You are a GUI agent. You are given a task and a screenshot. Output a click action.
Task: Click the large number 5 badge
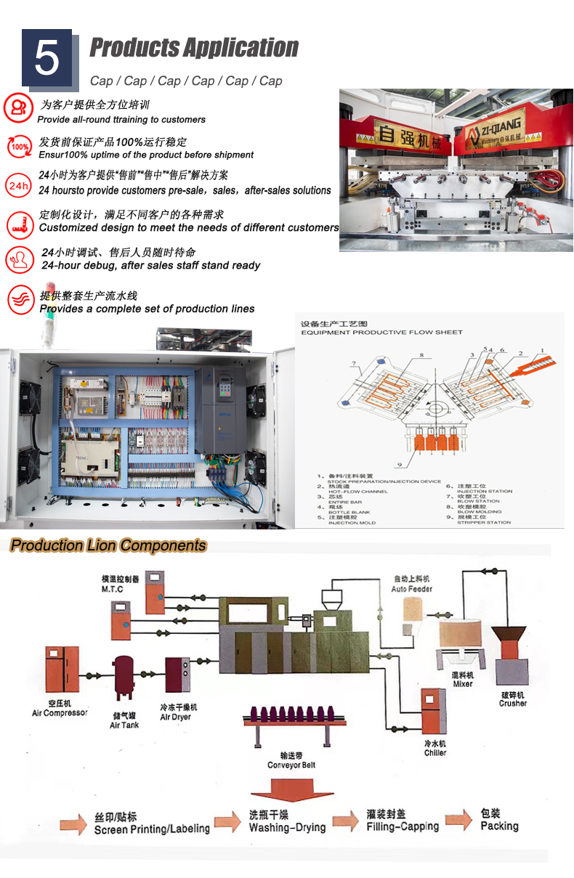47,58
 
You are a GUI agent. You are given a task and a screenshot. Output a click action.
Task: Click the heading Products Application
193,48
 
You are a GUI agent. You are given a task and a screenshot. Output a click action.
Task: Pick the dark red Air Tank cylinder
124,674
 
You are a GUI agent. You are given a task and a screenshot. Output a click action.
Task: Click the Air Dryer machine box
178,675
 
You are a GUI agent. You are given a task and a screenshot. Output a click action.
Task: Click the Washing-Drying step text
287,822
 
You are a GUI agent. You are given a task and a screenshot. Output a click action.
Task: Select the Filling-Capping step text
403,821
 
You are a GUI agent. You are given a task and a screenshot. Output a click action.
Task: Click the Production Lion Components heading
109,545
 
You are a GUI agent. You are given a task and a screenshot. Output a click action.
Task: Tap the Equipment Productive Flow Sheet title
381,332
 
